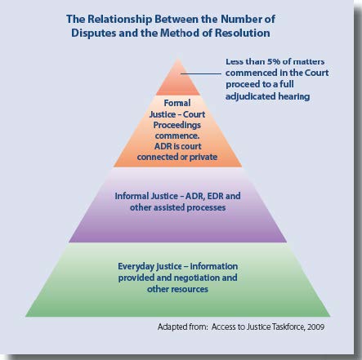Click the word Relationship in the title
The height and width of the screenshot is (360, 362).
(120, 20)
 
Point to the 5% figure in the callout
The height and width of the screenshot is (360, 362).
(273, 61)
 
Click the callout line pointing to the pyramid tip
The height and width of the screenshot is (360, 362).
(201, 73)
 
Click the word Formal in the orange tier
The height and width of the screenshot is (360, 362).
(177, 103)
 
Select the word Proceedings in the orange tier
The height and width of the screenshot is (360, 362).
(177, 125)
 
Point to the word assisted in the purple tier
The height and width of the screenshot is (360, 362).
(170, 207)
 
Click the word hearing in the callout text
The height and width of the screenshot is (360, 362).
(294, 96)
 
